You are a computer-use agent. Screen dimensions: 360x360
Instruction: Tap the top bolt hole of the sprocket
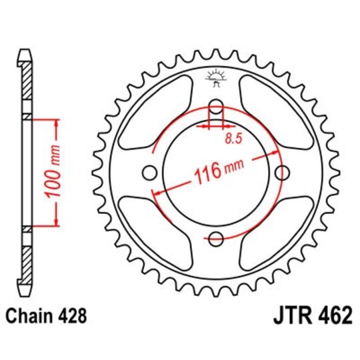(217, 105)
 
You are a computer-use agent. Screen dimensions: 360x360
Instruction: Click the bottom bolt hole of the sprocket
(217, 238)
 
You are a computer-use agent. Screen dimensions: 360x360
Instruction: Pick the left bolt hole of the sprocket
(149, 172)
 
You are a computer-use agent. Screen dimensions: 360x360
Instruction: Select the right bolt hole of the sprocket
(283, 172)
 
